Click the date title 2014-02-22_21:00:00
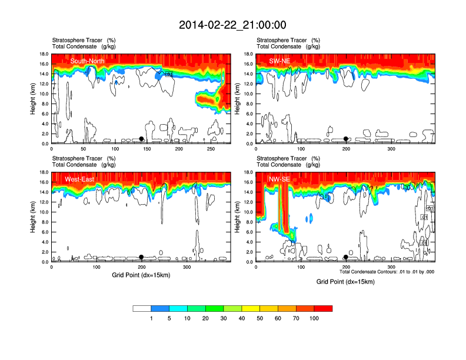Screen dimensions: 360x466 point(232,25)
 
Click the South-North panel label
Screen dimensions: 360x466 point(88,61)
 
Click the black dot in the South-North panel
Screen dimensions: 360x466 point(141,139)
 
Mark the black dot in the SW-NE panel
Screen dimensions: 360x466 point(346,139)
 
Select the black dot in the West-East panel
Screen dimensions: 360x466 point(141,257)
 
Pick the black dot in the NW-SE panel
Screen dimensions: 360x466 point(346,257)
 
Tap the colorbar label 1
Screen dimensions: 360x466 point(151,318)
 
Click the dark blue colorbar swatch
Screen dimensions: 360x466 point(160,308)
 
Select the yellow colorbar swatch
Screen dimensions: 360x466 point(251,308)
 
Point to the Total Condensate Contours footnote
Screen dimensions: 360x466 point(387,272)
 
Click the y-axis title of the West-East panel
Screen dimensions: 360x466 point(32,217)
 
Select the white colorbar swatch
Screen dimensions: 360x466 point(142,308)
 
